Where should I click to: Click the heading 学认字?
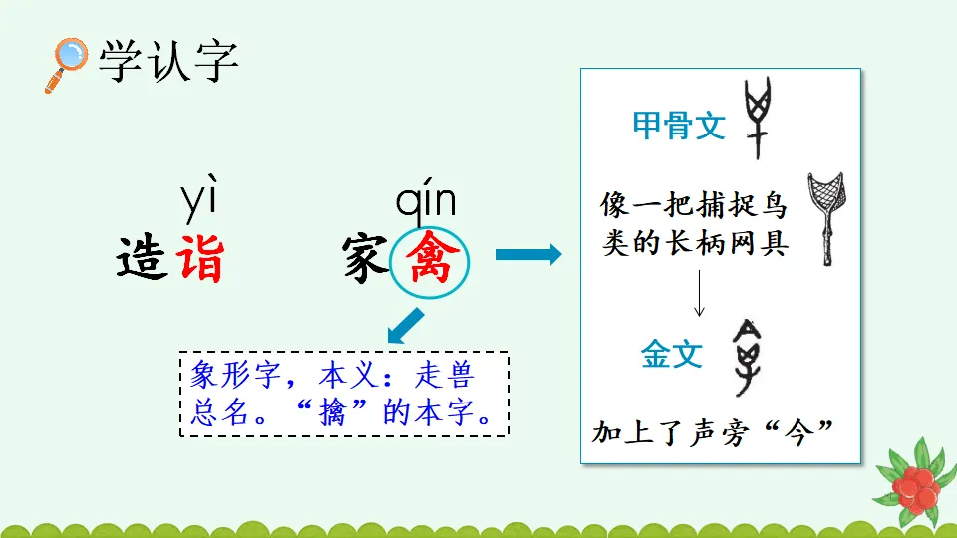[x=167, y=62]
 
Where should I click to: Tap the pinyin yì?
[x=198, y=202]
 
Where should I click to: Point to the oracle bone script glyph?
[x=760, y=118]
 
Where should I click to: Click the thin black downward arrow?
[x=699, y=294]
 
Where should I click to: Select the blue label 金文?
[x=672, y=354]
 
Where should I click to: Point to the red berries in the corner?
[x=913, y=488]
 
